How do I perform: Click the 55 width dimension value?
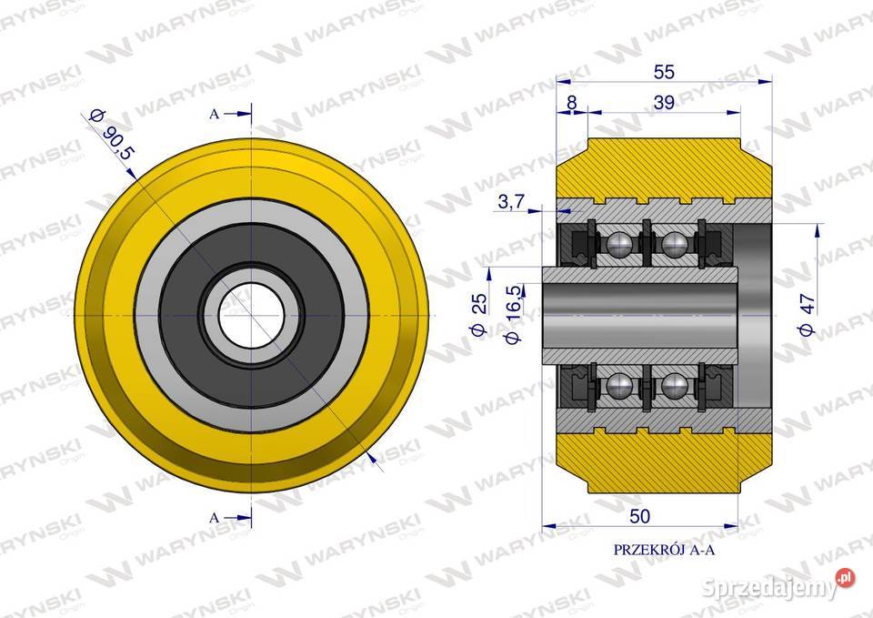(664, 72)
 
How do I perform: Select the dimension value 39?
(664, 103)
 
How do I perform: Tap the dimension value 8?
(571, 103)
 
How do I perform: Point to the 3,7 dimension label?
(510, 201)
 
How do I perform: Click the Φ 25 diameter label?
(479, 314)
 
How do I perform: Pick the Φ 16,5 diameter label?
(513, 314)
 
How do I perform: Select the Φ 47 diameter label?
(807, 314)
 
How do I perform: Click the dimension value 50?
(639, 517)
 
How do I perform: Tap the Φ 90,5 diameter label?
(111, 135)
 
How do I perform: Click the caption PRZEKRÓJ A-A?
(664, 550)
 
